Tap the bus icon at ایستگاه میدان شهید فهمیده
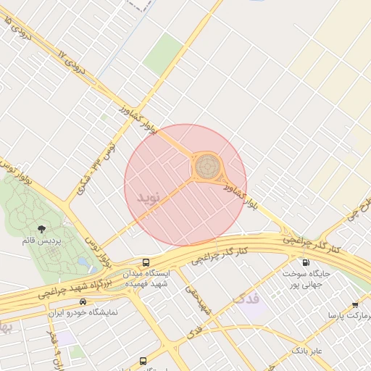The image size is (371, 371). [146, 262]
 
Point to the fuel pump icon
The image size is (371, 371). [305, 262]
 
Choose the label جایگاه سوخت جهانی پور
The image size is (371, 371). [305, 280]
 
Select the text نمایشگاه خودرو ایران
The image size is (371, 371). [82, 313]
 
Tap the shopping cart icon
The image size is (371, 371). [354, 305]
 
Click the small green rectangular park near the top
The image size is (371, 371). [163, 54]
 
